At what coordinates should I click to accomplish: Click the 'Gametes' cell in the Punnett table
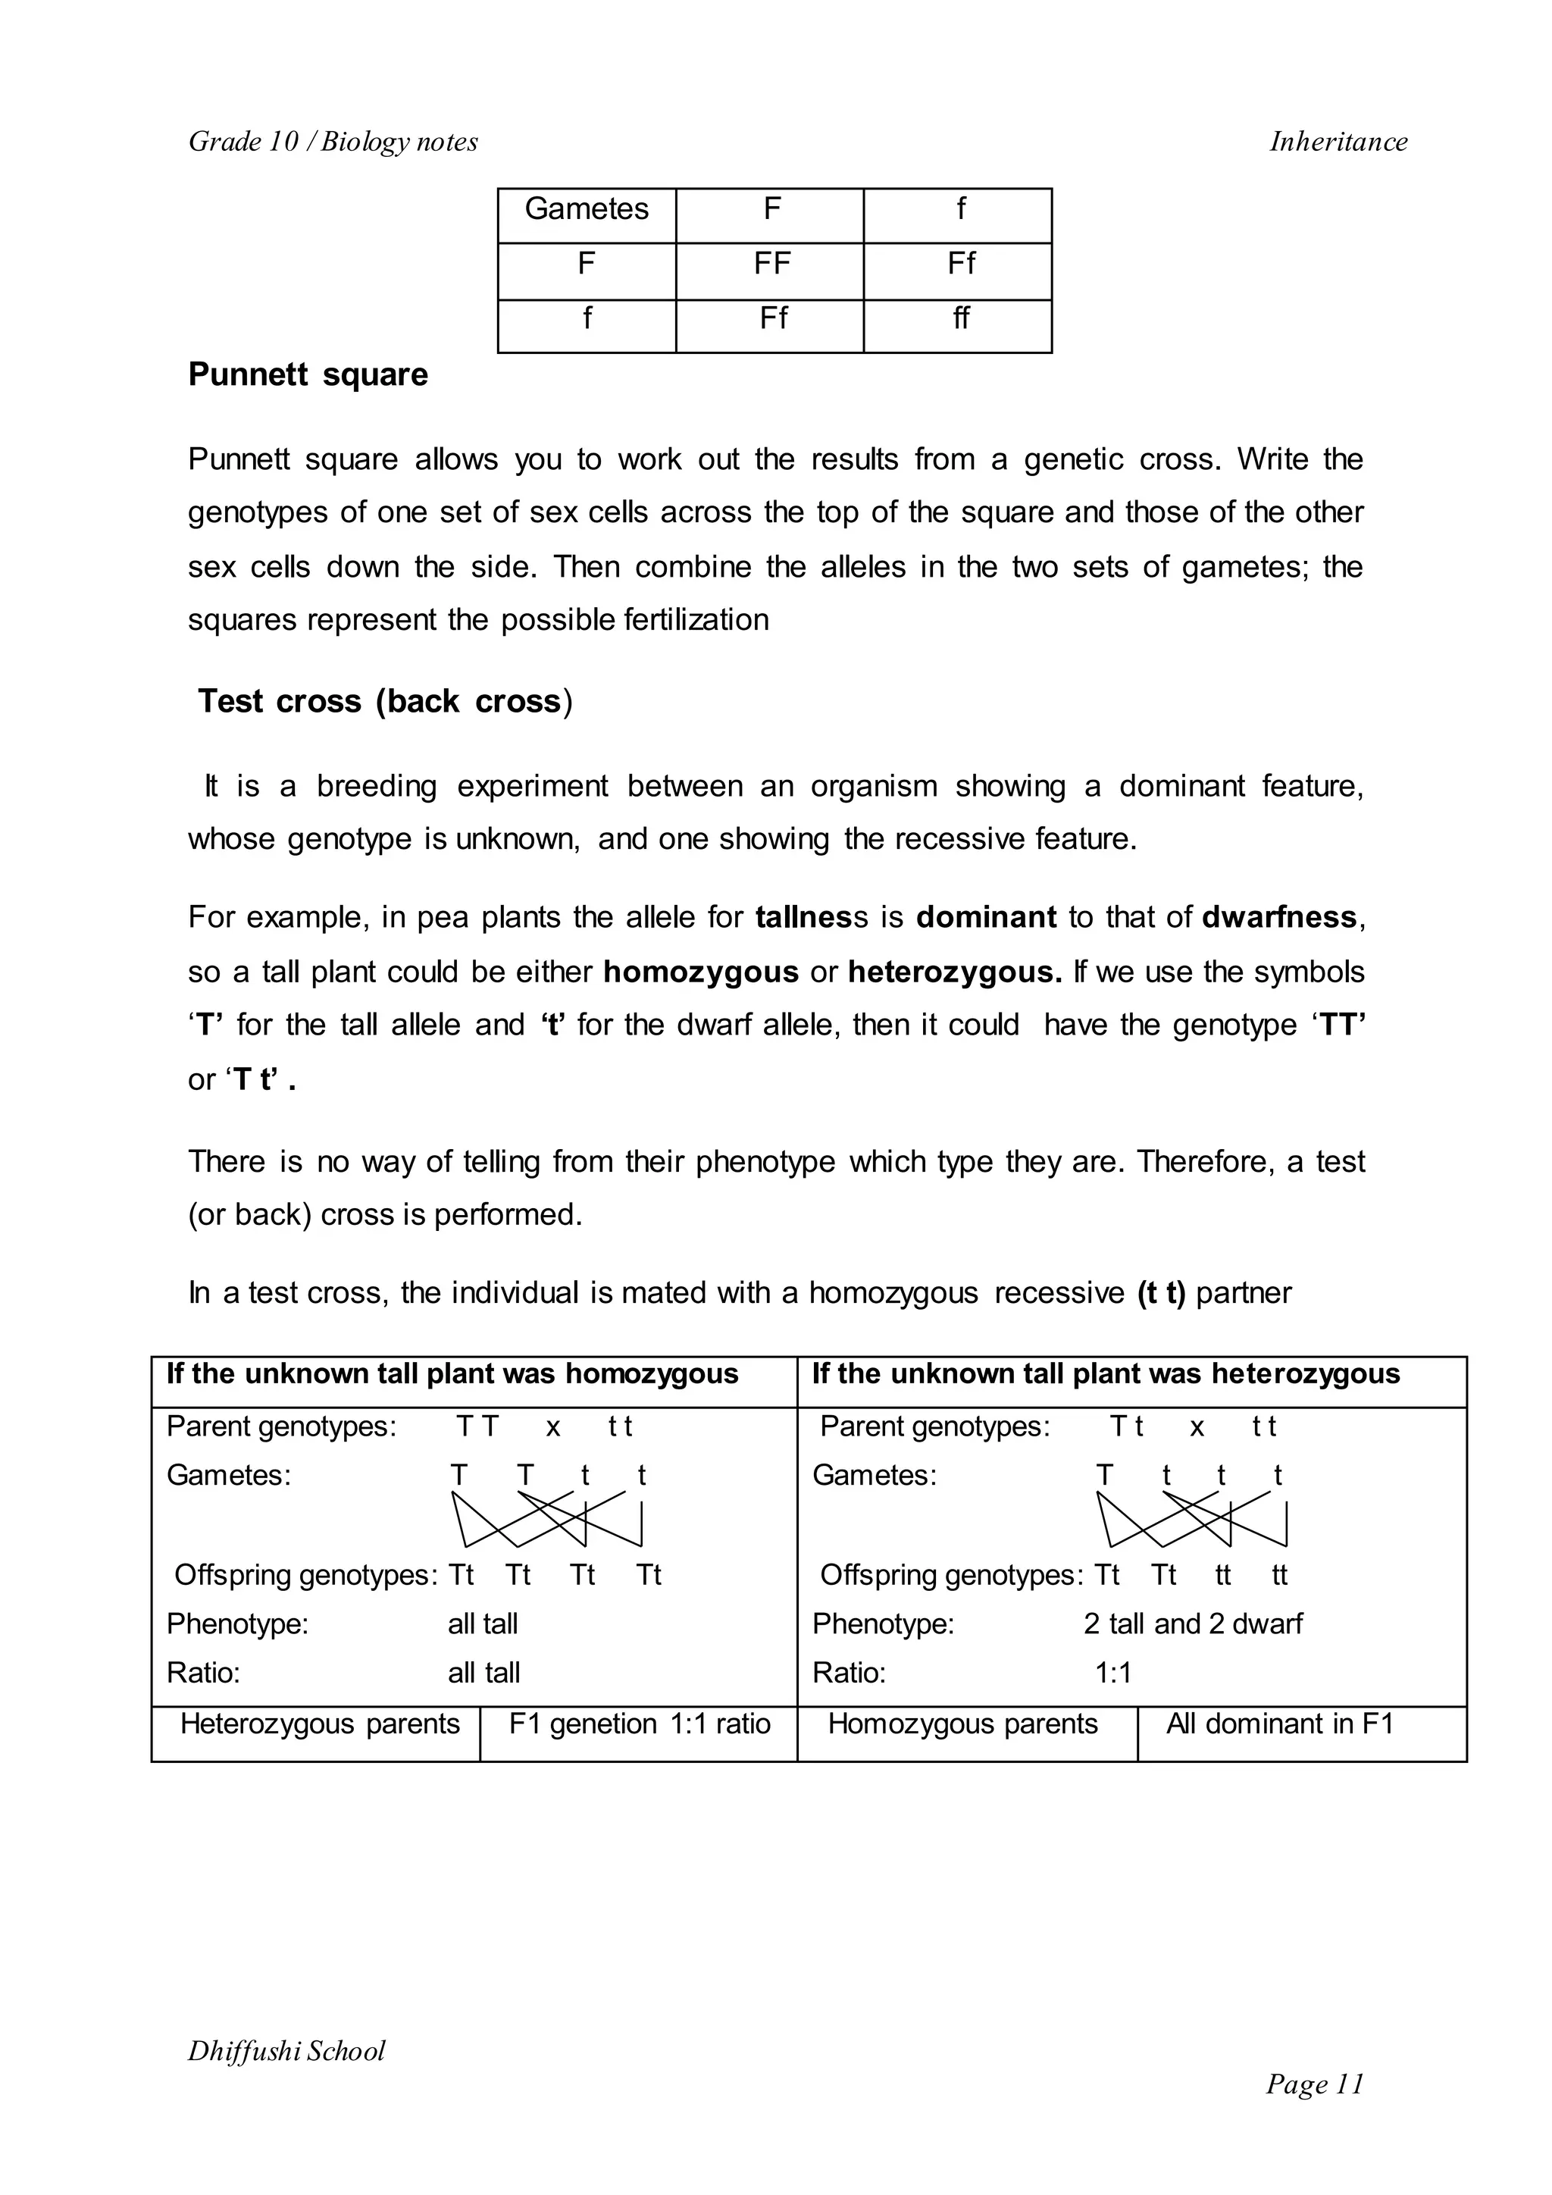[586, 209]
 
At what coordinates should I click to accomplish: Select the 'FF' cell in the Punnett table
[771, 264]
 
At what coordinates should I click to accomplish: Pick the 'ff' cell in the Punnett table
[960, 318]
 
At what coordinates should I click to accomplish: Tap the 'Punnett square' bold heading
[308, 374]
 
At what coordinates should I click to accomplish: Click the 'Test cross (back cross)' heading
[384, 701]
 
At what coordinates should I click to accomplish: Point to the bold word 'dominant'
[985, 917]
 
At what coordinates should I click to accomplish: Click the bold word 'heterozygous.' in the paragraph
[955, 972]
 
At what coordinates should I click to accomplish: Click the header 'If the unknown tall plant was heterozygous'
[1106, 1374]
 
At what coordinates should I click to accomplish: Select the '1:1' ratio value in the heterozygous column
[1112, 1672]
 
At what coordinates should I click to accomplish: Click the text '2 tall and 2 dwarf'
[1193, 1624]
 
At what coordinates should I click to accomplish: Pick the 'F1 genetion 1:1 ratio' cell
[640, 1724]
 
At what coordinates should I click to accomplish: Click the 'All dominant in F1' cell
[1280, 1724]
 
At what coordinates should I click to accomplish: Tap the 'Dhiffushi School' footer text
[286, 2051]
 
